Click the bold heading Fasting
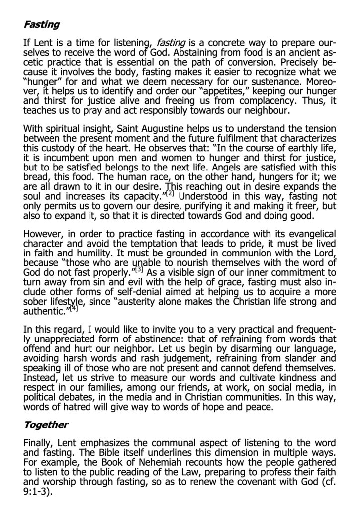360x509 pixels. tap(41, 24)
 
